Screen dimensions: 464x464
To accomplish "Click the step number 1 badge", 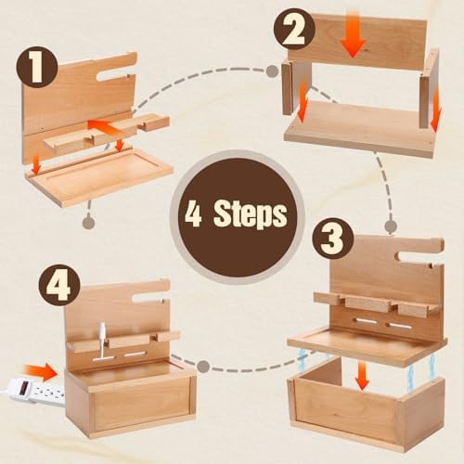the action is [37, 67].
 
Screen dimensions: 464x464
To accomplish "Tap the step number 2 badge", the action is [294, 30].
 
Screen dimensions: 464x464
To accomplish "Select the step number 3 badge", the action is [332, 238].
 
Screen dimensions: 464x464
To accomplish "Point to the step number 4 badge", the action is [59, 286].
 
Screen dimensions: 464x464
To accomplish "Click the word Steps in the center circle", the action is [251, 214].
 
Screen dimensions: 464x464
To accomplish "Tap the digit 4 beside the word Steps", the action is [193, 213].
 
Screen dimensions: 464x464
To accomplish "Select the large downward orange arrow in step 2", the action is [353, 34].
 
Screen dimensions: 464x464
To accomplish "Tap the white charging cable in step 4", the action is [102, 342].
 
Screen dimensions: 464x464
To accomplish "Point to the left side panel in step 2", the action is [287, 88].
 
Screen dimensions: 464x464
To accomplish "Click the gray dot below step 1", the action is [89, 222].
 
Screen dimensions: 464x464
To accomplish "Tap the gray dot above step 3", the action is [392, 226].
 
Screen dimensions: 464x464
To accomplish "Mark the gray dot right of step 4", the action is [203, 367].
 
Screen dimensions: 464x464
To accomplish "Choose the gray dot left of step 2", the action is [272, 71].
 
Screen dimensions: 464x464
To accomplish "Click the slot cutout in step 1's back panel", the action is [114, 76].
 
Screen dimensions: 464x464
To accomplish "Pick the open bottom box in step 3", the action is [366, 399].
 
